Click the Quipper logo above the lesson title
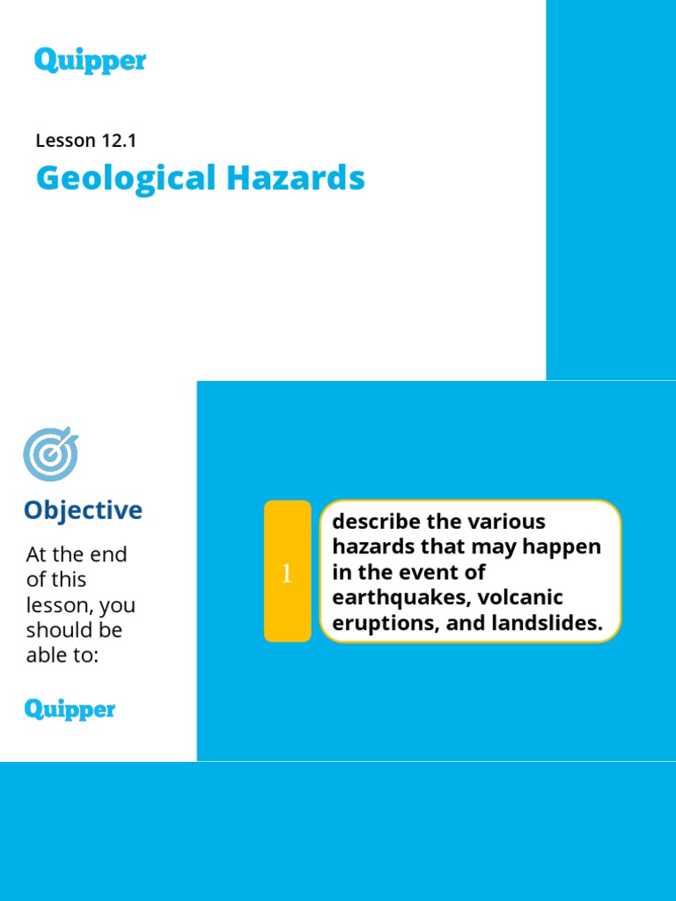(x=90, y=61)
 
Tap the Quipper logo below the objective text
(x=70, y=709)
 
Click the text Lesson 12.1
(x=85, y=140)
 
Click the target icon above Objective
(x=50, y=455)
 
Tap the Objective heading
(x=83, y=510)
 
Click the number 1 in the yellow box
(x=286, y=574)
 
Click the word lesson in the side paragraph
(x=58, y=605)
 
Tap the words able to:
(x=62, y=656)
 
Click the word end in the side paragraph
(x=110, y=554)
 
